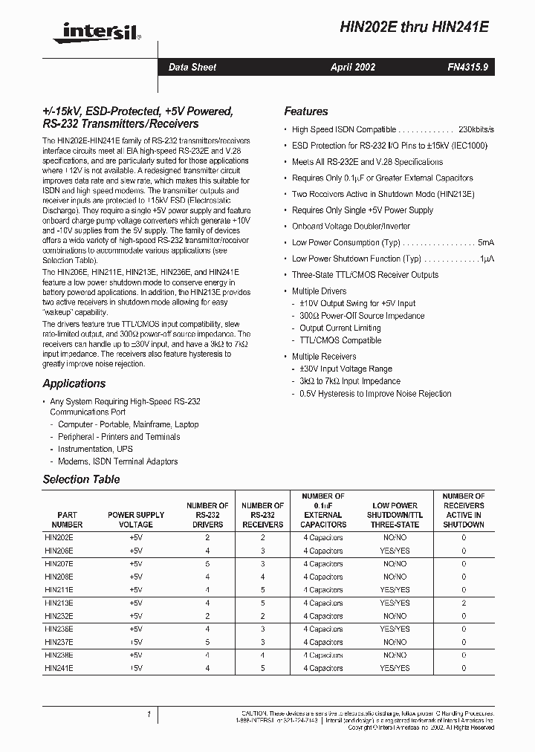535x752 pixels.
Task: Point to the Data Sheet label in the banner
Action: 192,67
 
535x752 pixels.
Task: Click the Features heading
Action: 305,111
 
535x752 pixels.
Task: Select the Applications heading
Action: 74,383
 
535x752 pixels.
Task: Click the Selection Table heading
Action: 81,479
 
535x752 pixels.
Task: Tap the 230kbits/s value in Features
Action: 476,129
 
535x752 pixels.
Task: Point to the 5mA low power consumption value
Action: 485,242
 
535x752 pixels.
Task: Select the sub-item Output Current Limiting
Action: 340,328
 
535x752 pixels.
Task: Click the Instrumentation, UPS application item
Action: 96,449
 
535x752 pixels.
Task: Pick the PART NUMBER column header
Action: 67,519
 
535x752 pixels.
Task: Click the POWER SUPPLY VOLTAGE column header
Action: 136,519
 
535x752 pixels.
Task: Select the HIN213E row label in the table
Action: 59,603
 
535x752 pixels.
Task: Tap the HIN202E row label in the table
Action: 59,537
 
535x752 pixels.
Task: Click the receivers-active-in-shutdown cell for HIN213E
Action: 463,603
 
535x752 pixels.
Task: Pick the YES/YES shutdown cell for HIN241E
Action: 395,668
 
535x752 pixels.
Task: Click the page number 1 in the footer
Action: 149,715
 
